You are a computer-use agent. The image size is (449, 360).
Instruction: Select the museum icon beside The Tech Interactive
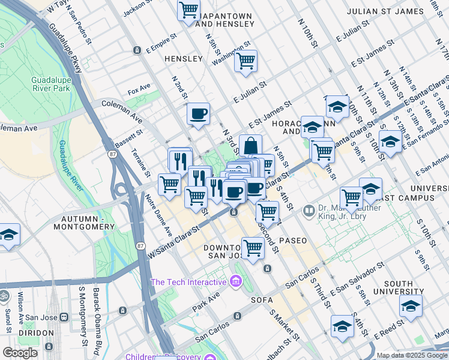pyautogui.click(x=235, y=281)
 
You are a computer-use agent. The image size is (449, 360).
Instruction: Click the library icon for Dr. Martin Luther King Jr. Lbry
pyautogui.click(x=309, y=211)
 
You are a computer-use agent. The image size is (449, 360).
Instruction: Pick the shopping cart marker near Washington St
pyautogui.click(x=246, y=61)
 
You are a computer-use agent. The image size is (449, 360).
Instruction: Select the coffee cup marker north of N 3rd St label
pyautogui.click(x=198, y=113)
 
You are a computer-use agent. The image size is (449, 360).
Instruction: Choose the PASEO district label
pyautogui.click(x=292, y=240)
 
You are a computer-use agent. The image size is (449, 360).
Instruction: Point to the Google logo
pyautogui.click(x=20, y=353)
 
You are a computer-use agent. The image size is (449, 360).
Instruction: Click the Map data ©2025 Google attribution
pyautogui.click(x=411, y=355)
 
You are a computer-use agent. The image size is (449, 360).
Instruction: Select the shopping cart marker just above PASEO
pyautogui.click(x=267, y=211)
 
